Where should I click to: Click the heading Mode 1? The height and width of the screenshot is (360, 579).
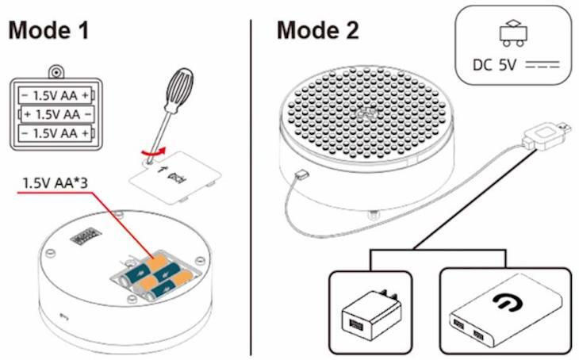[48, 29]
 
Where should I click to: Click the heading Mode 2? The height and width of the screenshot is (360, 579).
[318, 29]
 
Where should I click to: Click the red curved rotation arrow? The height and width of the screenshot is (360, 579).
[152, 151]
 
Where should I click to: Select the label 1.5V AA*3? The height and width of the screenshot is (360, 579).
[56, 182]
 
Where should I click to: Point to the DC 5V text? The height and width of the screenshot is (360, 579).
[494, 65]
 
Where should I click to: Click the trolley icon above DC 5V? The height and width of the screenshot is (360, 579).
[513, 34]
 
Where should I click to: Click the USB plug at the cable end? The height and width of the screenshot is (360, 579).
[546, 135]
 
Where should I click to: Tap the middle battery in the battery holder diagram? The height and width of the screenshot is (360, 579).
[57, 114]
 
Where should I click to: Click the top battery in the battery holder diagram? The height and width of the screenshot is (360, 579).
[56, 96]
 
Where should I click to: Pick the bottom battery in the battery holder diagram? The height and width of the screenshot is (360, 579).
[56, 133]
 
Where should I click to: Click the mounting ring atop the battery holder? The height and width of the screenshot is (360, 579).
[56, 73]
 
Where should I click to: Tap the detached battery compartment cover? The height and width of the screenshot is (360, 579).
[174, 177]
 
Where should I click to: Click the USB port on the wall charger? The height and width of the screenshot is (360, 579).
[355, 324]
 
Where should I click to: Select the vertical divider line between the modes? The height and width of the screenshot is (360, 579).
[251, 188]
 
